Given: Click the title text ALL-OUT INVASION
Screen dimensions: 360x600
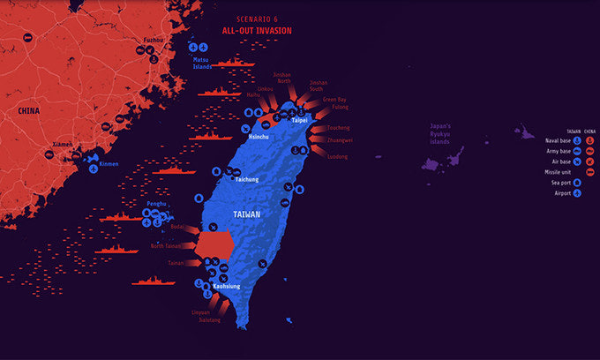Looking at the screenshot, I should pyautogui.click(x=258, y=30).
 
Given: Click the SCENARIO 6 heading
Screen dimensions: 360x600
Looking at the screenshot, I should pyautogui.click(x=257, y=18).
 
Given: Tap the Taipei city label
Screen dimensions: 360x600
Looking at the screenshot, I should pyautogui.click(x=299, y=119).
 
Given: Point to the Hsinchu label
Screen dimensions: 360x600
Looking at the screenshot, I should pyautogui.click(x=259, y=138).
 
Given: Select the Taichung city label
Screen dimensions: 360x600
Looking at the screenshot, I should pyautogui.click(x=247, y=180).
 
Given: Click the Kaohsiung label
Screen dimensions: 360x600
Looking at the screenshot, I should pyautogui.click(x=228, y=286).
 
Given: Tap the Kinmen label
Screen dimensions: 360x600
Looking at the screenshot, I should pyautogui.click(x=108, y=164).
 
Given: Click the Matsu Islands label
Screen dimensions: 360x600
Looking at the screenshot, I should pyautogui.click(x=203, y=64).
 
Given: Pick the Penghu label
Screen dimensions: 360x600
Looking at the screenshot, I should pyautogui.click(x=156, y=204).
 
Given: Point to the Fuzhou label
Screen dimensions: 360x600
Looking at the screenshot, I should pyautogui.click(x=153, y=40).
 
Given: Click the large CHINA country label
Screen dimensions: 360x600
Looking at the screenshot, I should pyautogui.click(x=30, y=110).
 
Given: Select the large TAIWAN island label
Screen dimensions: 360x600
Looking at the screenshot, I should pyautogui.click(x=246, y=214).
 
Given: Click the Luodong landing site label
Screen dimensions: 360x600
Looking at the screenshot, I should pyautogui.click(x=337, y=156).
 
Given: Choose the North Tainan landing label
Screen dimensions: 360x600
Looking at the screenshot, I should pyautogui.click(x=165, y=246).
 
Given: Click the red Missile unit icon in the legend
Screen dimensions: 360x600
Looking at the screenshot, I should pyautogui.click(x=589, y=172).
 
